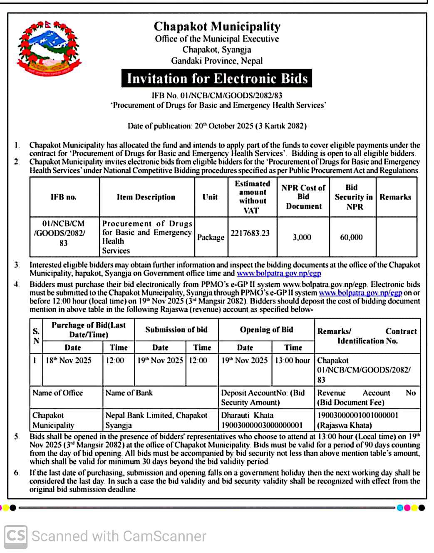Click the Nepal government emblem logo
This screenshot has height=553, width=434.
(x=49, y=49)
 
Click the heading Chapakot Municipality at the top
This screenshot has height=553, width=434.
(x=217, y=27)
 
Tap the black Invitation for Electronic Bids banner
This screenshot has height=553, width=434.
(x=217, y=79)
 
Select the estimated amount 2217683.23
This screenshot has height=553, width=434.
(x=250, y=233)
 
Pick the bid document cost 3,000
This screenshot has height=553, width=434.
(x=302, y=237)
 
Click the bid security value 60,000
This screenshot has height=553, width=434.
(x=351, y=237)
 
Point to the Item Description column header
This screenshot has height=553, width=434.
(x=146, y=197)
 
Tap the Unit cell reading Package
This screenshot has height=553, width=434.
(x=211, y=237)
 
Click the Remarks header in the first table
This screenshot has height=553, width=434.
(x=395, y=197)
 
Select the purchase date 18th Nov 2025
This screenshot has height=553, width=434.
(x=68, y=360)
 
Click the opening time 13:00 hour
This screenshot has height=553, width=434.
(x=292, y=360)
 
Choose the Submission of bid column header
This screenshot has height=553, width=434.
(x=176, y=330)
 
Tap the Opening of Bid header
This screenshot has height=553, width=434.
(x=266, y=330)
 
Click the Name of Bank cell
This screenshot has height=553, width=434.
(x=129, y=393)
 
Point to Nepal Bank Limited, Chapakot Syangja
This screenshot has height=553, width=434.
(x=156, y=420)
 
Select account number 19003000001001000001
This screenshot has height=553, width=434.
(x=357, y=415)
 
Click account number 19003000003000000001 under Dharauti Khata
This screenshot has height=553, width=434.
(x=262, y=425)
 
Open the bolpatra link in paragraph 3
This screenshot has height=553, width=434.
(x=279, y=274)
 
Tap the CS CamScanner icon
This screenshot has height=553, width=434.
(x=16, y=536)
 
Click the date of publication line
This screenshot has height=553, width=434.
(x=217, y=126)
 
